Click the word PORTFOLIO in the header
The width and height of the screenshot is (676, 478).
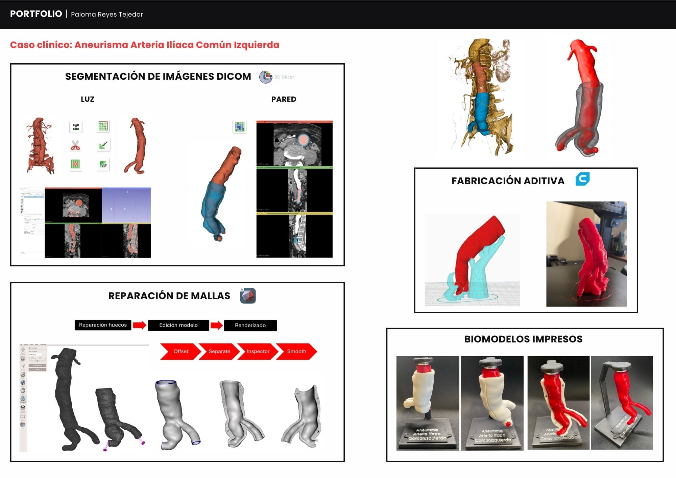[36, 14]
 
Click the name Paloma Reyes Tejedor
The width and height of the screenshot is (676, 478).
[107, 14]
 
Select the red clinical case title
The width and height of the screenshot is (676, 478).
[145, 45]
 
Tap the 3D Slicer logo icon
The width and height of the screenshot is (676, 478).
[266, 77]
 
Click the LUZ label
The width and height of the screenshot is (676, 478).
[88, 99]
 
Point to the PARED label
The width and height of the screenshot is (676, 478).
[284, 99]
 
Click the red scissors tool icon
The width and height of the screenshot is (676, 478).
[75, 146]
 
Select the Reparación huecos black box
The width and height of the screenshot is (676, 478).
[103, 325]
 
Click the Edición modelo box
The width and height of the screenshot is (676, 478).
[178, 325]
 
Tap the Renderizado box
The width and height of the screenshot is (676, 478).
[250, 325]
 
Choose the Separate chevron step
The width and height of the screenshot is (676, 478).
[219, 351]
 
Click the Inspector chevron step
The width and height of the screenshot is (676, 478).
[258, 351]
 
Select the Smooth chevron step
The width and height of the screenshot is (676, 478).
[296, 351]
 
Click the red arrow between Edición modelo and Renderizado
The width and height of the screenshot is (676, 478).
[216, 325]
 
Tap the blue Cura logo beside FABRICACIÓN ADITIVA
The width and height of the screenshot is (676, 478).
[582, 179]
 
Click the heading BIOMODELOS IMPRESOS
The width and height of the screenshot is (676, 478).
[523, 339]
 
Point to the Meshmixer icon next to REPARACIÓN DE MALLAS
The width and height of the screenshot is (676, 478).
[248, 296]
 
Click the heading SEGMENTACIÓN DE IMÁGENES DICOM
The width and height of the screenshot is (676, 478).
[158, 76]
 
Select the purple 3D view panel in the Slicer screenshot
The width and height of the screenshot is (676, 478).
[126, 205]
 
